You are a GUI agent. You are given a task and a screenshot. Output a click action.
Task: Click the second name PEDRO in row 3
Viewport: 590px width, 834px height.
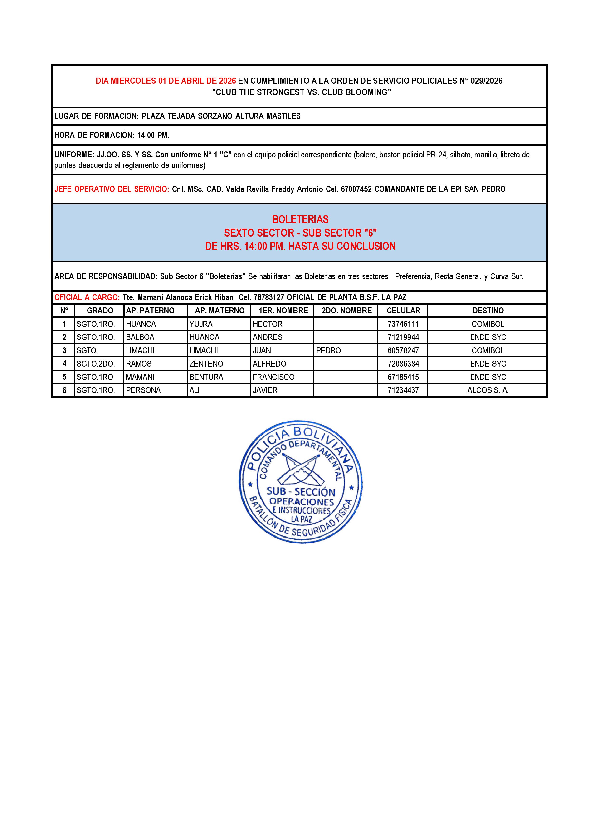tap(328, 350)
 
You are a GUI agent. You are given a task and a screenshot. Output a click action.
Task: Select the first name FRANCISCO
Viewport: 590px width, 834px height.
tap(273, 377)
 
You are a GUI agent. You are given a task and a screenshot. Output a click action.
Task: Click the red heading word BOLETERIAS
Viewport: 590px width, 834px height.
tap(300, 219)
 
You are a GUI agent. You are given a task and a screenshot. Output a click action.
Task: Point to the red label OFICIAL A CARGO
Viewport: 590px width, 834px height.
tap(87, 297)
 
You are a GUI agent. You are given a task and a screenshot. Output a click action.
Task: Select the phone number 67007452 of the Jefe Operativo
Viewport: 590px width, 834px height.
tap(356, 189)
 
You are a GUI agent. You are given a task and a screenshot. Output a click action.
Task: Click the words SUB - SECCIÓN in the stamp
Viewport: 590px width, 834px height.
tap(301, 492)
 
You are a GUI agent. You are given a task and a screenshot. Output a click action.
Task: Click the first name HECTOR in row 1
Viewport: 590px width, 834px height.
tap(267, 324)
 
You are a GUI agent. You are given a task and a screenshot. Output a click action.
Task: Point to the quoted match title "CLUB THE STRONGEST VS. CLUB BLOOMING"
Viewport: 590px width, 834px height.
tap(302, 92)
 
